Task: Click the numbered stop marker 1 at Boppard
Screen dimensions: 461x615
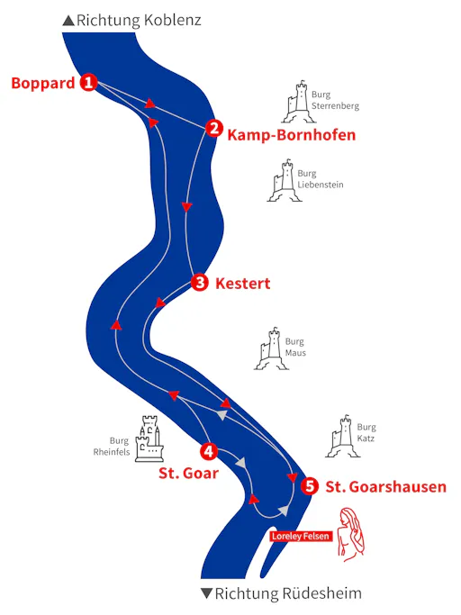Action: pyautogui.click(x=88, y=82)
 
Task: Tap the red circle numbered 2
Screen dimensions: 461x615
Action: pyautogui.click(x=213, y=128)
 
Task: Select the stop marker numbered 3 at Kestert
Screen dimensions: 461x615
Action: pyautogui.click(x=200, y=283)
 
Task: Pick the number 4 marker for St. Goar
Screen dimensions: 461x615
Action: pyautogui.click(x=209, y=451)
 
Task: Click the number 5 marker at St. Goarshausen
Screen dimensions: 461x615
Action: pyautogui.click(x=310, y=486)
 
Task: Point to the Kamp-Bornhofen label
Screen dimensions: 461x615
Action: pyautogui.click(x=292, y=135)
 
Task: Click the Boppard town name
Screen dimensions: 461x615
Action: pyautogui.click(x=42, y=83)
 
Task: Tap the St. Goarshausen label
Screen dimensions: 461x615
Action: pyautogui.click(x=386, y=487)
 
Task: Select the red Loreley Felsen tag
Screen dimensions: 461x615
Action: pyautogui.click(x=301, y=536)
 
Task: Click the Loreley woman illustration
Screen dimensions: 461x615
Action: pyautogui.click(x=351, y=534)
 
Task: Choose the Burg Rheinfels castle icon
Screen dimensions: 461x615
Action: pyautogui.click(x=149, y=439)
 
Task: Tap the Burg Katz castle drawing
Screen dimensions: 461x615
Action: pyautogui.click(x=342, y=436)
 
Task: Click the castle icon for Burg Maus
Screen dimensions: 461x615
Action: pyautogui.click(x=272, y=348)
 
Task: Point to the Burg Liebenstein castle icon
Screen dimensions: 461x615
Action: pyautogui.click(x=285, y=180)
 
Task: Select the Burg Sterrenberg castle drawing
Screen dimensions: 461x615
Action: pyautogui.click(x=299, y=102)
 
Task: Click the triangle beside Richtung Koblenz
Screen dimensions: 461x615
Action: pyautogui.click(x=68, y=21)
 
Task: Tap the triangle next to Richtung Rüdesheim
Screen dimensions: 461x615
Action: pyautogui.click(x=207, y=593)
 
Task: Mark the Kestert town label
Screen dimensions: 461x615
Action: pyautogui.click(x=243, y=284)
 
